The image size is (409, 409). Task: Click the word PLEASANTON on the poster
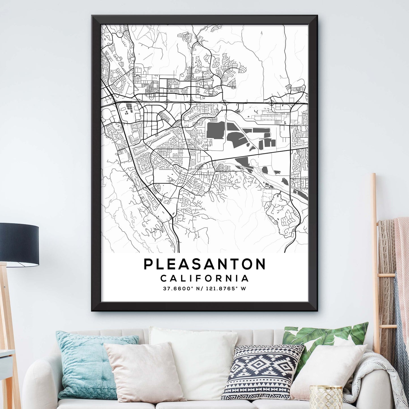[205, 264]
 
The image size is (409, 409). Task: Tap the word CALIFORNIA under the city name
[205, 278]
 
